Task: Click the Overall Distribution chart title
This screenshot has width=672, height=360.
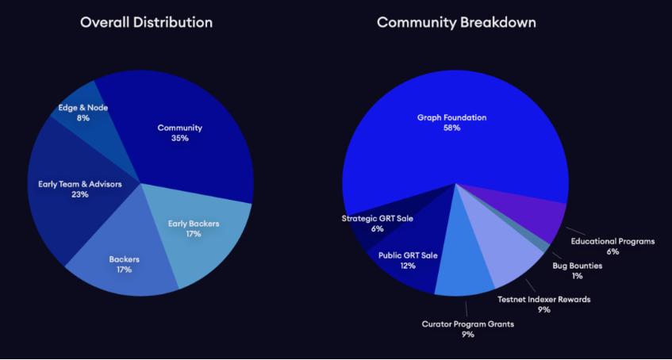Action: pos(146,22)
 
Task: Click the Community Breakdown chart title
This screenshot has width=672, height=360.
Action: pos(456,22)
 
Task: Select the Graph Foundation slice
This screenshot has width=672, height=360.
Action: pos(452,119)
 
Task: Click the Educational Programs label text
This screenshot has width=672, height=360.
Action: pos(612,241)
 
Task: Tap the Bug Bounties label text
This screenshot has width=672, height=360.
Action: pos(577,266)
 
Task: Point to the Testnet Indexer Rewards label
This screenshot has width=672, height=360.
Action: pos(543,300)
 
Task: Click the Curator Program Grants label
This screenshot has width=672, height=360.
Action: pos(467,324)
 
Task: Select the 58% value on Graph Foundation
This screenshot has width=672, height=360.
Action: pos(452,128)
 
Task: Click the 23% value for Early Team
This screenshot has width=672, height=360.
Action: pos(79,194)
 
